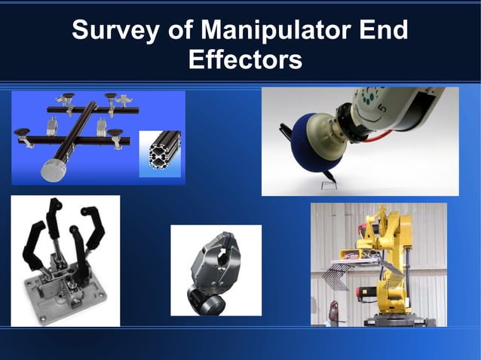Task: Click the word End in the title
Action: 383,31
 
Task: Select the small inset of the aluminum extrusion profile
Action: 161,153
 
